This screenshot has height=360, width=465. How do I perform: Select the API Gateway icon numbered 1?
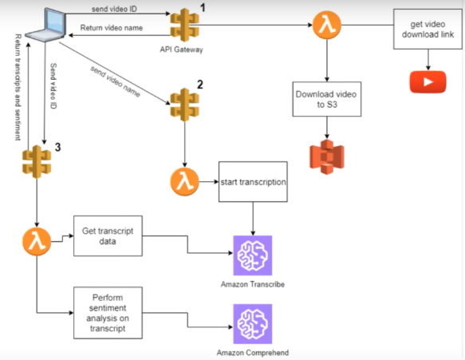coord(184,25)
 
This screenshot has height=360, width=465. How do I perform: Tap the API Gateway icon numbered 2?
coord(184,105)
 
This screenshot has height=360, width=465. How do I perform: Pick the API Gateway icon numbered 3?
coord(37,162)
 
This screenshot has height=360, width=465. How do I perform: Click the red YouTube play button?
coord(428,82)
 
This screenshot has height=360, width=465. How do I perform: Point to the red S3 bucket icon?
coord(327,156)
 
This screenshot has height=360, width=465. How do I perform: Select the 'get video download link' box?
coord(428,29)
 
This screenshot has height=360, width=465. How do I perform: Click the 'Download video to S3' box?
coord(327,99)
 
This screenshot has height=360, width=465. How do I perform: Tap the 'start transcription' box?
coord(253,182)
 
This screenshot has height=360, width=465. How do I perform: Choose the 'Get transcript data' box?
coord(108,236)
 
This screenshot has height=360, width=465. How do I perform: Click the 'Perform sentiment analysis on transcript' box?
coord(108,313)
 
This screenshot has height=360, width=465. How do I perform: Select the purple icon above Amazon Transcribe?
coord(253,255)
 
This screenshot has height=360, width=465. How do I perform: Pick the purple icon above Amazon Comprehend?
coord(253,324)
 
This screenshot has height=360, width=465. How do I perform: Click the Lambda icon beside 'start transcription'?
coord(184,182)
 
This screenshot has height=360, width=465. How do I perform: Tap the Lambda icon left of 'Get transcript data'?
coord(37,242)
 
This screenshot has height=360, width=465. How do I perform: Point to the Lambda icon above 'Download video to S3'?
coord(327,25)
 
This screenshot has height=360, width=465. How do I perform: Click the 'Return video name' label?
coord(112,28)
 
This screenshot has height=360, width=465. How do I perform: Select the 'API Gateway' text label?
coord(182,49)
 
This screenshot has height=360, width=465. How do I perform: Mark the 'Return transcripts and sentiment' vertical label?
coord(18,87)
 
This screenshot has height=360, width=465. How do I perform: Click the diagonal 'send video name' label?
coord(115,81)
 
